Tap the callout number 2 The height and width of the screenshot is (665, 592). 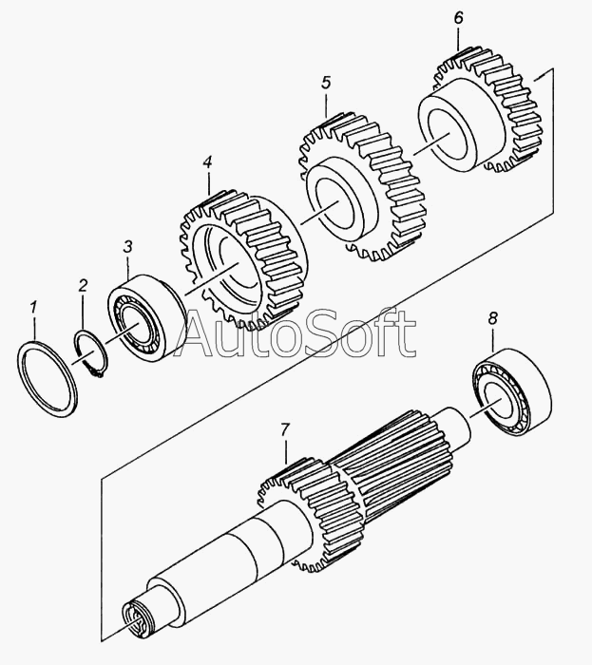click(83, 285)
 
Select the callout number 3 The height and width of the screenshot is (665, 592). click(128, 249)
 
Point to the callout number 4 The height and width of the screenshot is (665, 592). click(207, 163)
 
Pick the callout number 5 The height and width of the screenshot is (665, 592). click(326, 84)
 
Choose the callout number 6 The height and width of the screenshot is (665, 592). click(458, 19)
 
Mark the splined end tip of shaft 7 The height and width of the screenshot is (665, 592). click(138, 627)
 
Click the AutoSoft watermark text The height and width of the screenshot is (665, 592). click(298, 334)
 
